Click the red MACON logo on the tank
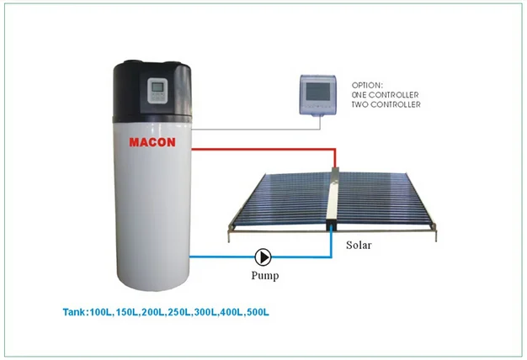pyautogui.click(x=152, y=142)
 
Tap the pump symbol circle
pyautogui.click(x=263, y=257)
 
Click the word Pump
pyautogui.click(x=265, y=276)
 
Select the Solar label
pyautogui.click(x=359, y=245)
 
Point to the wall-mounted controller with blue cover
pyautogui.click(x=317, y=95)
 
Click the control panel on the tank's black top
pyautogui.click(x=157, y=91)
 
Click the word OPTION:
pyautogui.click(x=367, y=85)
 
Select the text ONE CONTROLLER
pyautogui.click(x=386, y=95)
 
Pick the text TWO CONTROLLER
pyautogui.click(x=386, y=104)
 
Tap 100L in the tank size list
pyautogui.click(x=100, y=312)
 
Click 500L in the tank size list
pyautogui.click(x=258, y=312)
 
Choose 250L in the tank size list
pyautogui.click(x=179, y=312)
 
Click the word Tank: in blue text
pyautogui.click(x=76, y=312)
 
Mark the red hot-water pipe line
pyautogui.click(x=263, y=149)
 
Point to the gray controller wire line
pyautogui.click(x=255, y=129)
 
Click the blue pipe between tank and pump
pyautogui.click(x=222, y=257)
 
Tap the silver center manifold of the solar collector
pyautogui.click(x=333, y=199)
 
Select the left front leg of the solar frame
pyautogui.click(x=230, y=234)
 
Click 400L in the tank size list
pyautogui.click(x=232, y=312)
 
